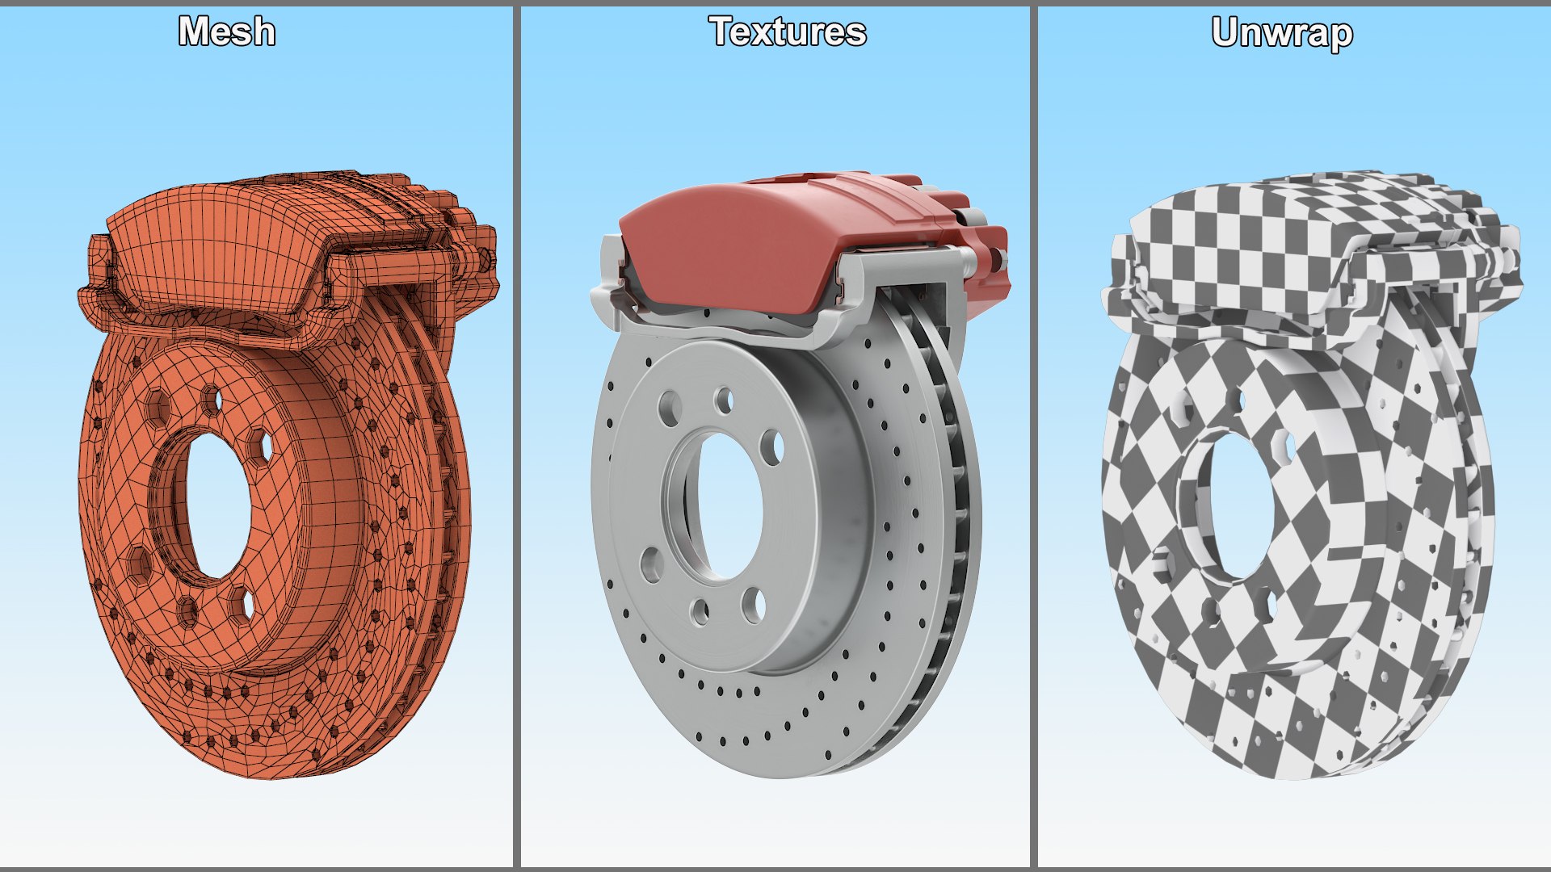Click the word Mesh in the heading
tap(227, 32)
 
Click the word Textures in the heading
tap(788, 32)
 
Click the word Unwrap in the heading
tap(1282, 34)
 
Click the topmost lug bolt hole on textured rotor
tap(725, 400)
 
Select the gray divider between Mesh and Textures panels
tap(516, 436)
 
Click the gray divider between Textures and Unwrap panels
tap(1033, 436)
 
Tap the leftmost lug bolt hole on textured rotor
tap(651, 564)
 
